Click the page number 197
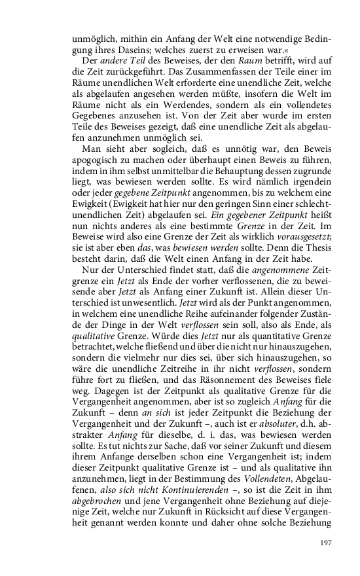point(327,543)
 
